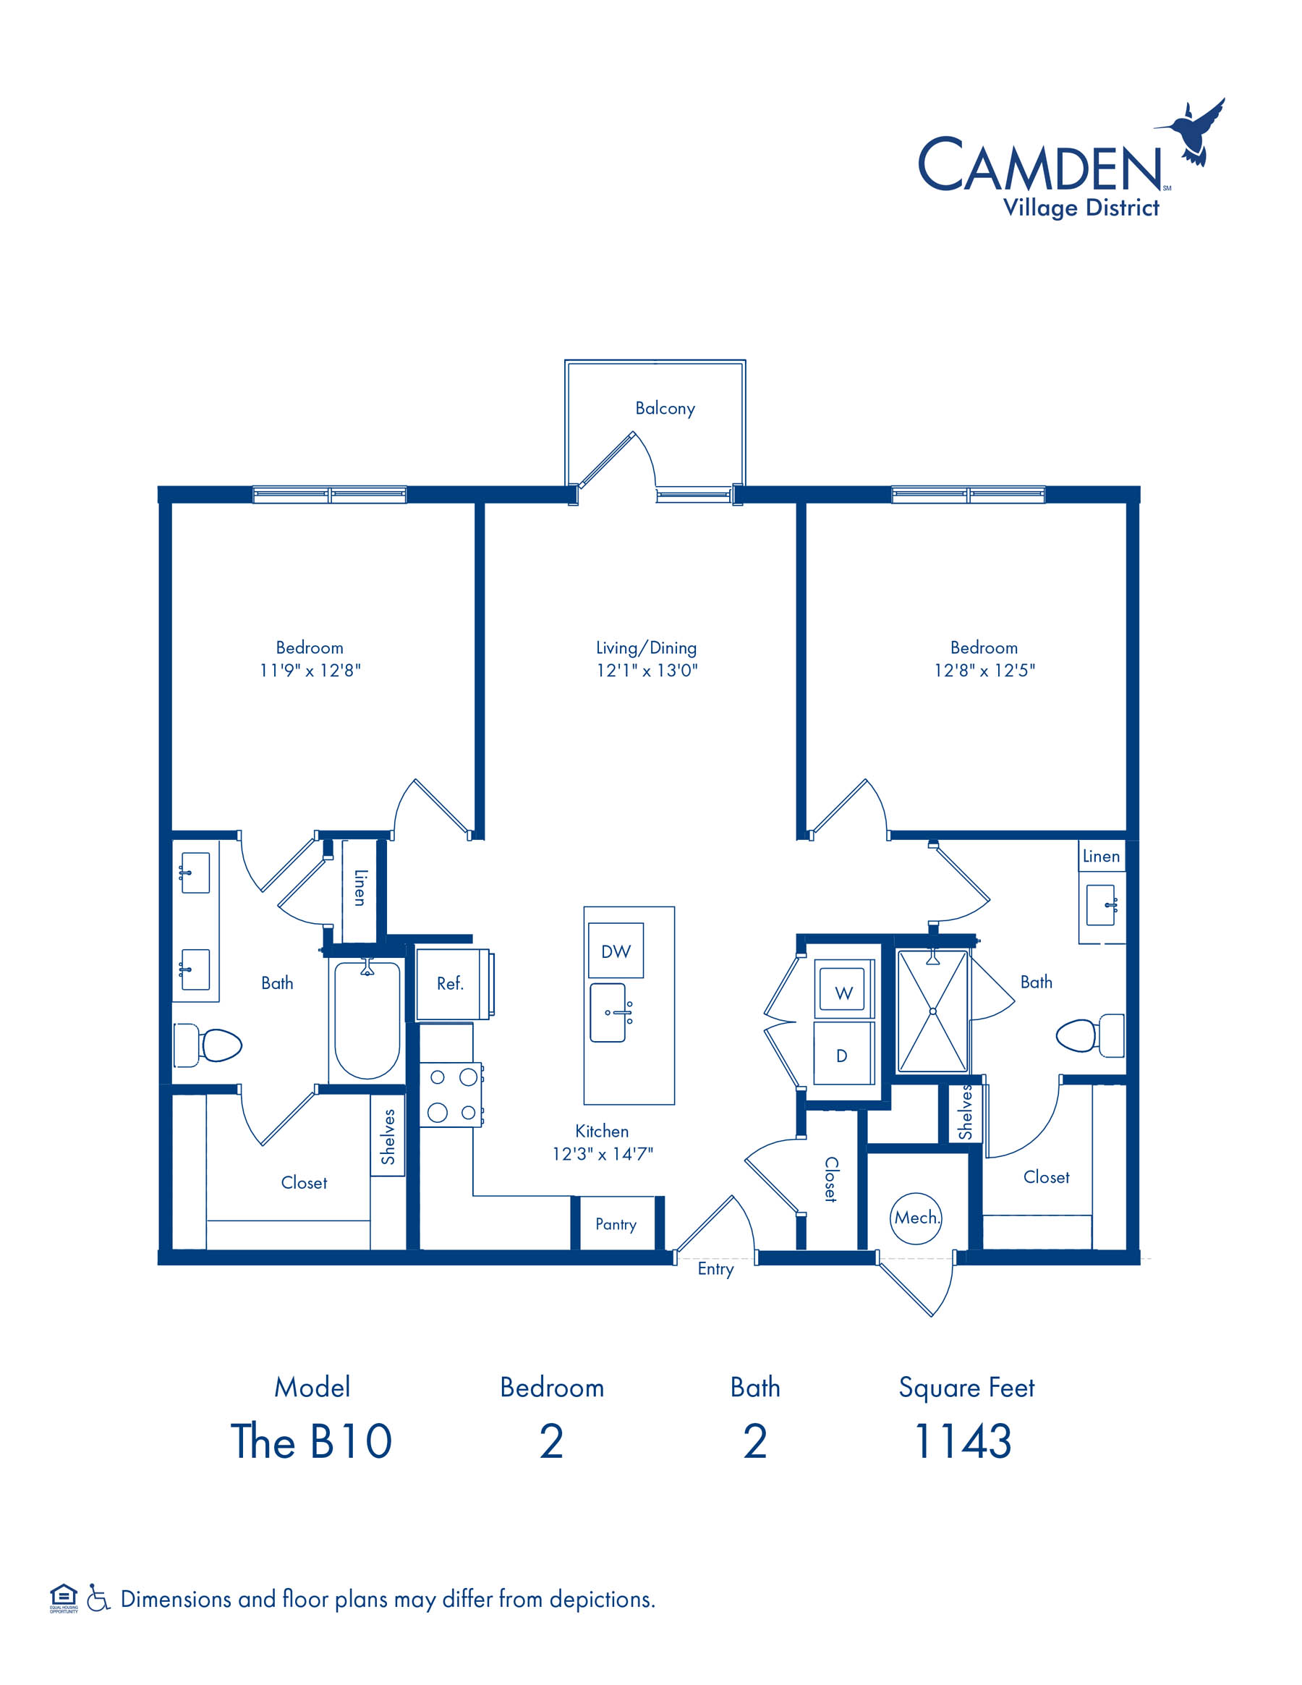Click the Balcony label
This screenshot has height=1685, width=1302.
(665, 408)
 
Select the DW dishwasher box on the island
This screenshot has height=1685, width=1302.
(616, 951)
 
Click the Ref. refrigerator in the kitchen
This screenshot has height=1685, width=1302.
(454, 984)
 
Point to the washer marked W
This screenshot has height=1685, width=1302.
(844, 990)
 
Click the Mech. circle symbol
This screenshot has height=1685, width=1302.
(916, 1218)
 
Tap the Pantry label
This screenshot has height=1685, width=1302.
(616, 1224)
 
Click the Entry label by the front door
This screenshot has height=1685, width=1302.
(715, 1269)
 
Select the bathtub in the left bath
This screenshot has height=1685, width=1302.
(367, 1019)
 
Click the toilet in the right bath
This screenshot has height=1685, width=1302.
(1089, 1035)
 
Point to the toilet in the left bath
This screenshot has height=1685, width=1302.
(208, 1045)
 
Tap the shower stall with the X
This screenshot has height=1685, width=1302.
(932, 1011)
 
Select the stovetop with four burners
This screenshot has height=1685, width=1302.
(452, 1095)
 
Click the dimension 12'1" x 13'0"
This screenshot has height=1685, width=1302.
(647, 671)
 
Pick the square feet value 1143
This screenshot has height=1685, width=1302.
(963, 1441)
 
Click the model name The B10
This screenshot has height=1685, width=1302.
(312, 1441)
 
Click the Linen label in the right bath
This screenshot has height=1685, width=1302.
(1101, 857)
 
